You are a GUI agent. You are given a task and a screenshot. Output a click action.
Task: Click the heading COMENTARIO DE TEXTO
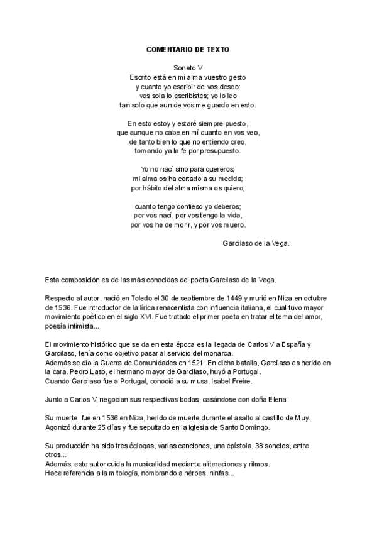pyautogui.click(x=188, y=49)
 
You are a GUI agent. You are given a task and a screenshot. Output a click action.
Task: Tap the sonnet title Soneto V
pyautogui.click(x=188, y=66)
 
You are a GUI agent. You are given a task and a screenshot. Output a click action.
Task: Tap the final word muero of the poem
pyautogui.click(x=235, y=225)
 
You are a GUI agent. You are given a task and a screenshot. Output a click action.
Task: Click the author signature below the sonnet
pyautogui.click(x=256, y=243)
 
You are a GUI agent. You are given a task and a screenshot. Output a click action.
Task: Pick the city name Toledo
pyautogui.click(x=119, y=297)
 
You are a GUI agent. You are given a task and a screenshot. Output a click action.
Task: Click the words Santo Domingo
pyautogui.click(x=244, y=428)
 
